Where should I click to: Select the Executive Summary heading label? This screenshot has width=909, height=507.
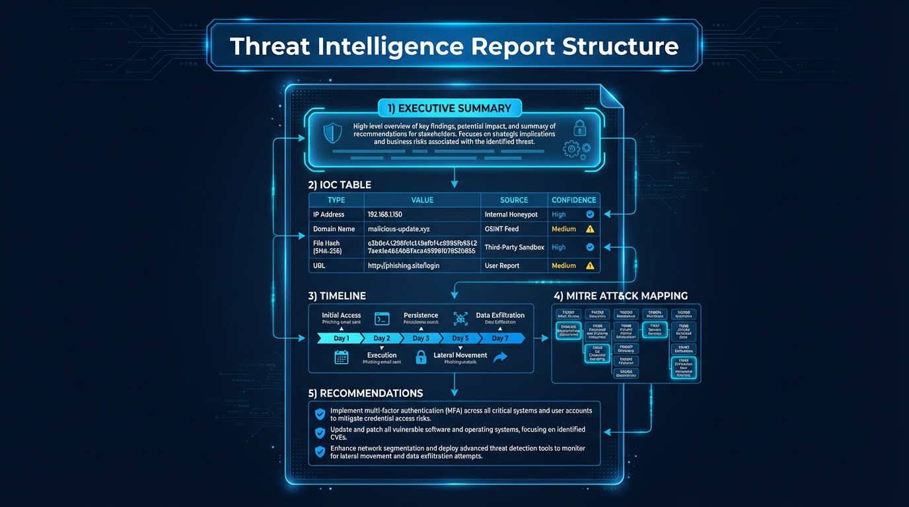(x=449, y=108)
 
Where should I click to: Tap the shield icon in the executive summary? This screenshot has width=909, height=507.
(x=332, y=133)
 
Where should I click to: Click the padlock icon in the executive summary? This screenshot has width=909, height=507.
(x=579, y=128)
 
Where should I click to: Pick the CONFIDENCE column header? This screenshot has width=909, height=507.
(x=573, y=200)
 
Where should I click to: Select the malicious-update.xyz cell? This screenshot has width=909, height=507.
(x=398, y=229)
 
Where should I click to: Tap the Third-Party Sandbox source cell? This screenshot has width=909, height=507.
(x=514, y=248)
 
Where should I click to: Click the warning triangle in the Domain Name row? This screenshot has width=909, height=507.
(x=590, y=229)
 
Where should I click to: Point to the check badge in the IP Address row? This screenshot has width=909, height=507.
(x=590, y=215)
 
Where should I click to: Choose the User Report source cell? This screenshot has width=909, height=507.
(x=502, y=265)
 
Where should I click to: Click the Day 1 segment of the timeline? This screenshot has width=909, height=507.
(x=341, y=338)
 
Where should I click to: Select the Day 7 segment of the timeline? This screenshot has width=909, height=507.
(x=501, y=338)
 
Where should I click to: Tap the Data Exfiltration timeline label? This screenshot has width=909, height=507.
(x=500, y=316)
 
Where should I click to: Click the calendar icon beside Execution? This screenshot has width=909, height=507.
(x=341, y=357)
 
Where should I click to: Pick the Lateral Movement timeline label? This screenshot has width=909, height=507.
(x=460, y=355)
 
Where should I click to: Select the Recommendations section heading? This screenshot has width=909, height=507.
(x=365, y=393)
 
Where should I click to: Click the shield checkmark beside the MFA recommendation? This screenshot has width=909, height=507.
(x=320, y=414)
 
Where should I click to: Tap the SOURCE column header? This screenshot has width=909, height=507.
(x=514, y=200)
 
